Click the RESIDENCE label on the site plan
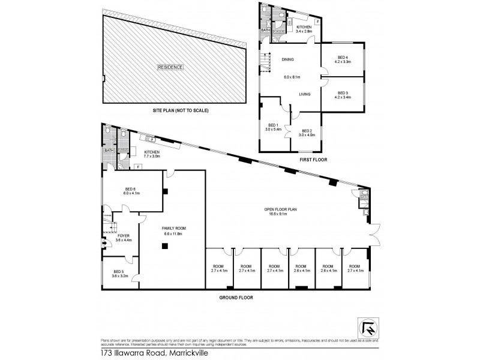click(x=170, y=67)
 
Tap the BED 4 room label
click(x=342, y=58)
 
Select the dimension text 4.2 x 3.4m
click(x=343, y=97)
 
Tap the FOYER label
click(x=124, y=236)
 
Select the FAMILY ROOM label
click(x=172, y=229)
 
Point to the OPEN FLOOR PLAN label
click(x=281, y=209)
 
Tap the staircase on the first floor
click(x=263, y=61)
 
